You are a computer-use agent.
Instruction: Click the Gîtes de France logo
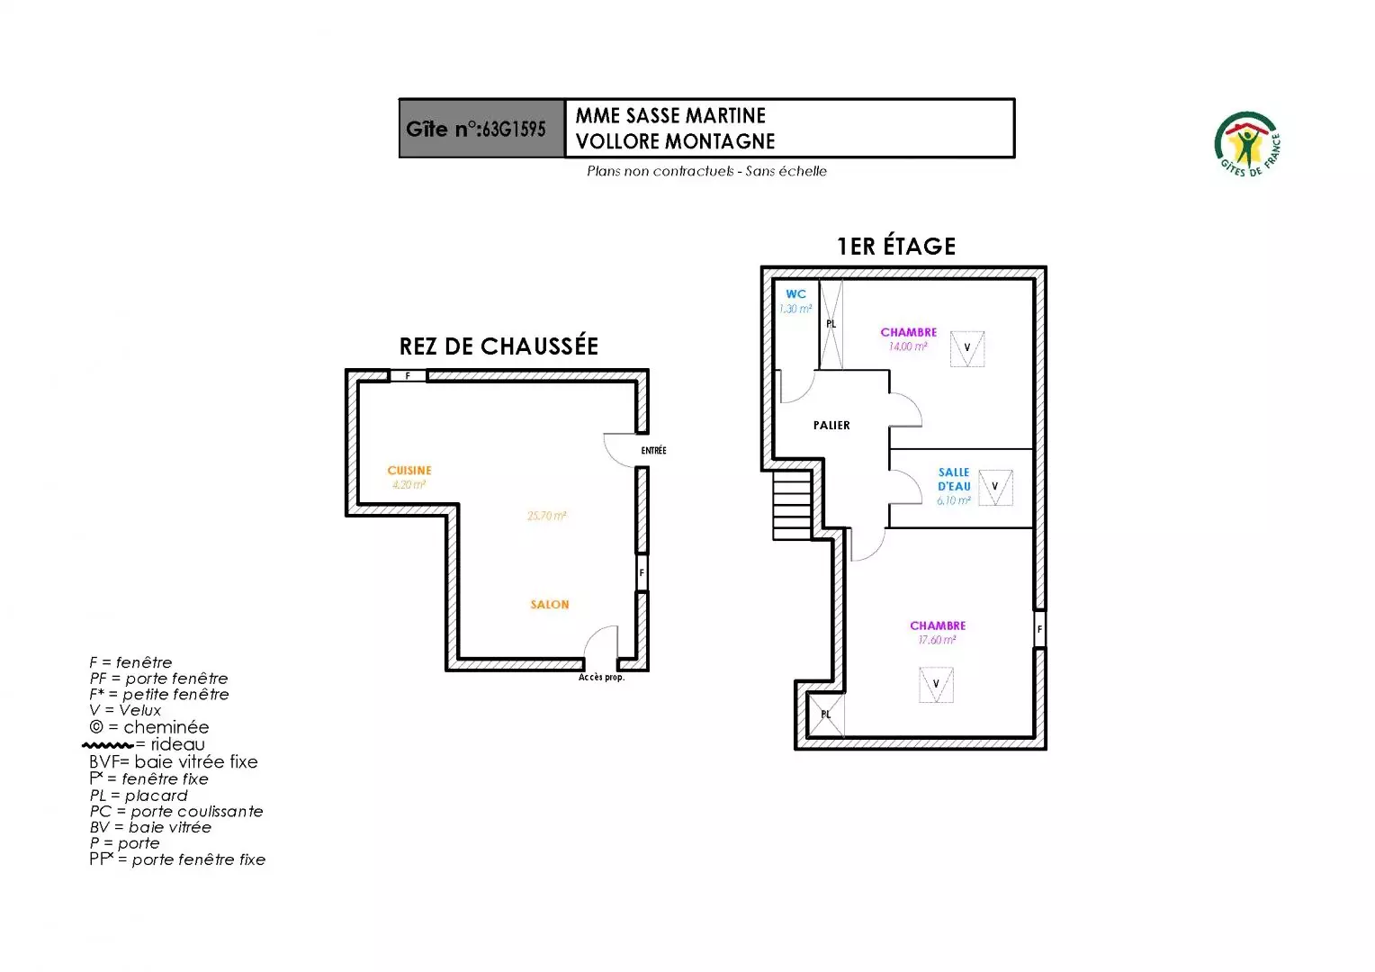coord(1246,144)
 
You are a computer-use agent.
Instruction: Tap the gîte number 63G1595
coord(514,129)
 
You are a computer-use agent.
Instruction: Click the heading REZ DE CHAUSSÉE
coord(499,346)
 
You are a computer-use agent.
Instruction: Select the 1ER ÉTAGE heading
coord(896,247)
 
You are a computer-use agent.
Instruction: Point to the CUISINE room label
coord(409,471)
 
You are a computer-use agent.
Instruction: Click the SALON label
coord(550,605)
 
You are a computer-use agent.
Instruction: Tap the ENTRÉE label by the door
coord(653,451)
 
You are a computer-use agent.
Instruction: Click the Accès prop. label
coord(601,678)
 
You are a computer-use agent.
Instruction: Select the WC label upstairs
coord(795,294)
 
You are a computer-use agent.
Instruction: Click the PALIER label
coord(831,425)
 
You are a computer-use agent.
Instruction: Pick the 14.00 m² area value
coord(908,346)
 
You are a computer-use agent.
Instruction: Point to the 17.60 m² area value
coord(937,640)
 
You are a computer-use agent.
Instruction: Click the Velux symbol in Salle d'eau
coord(995,488)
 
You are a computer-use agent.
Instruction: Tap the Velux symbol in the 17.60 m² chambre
coord(936,685)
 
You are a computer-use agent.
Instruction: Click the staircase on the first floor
coord(792,505)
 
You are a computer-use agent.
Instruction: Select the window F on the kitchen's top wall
coord(409,376)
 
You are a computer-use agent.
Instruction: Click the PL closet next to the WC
coord(831,324)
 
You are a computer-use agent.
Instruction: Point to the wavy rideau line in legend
coord(108,745)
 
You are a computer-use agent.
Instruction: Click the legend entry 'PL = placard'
coord(138,796)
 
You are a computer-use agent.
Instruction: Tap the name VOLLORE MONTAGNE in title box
coord(675,142)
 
